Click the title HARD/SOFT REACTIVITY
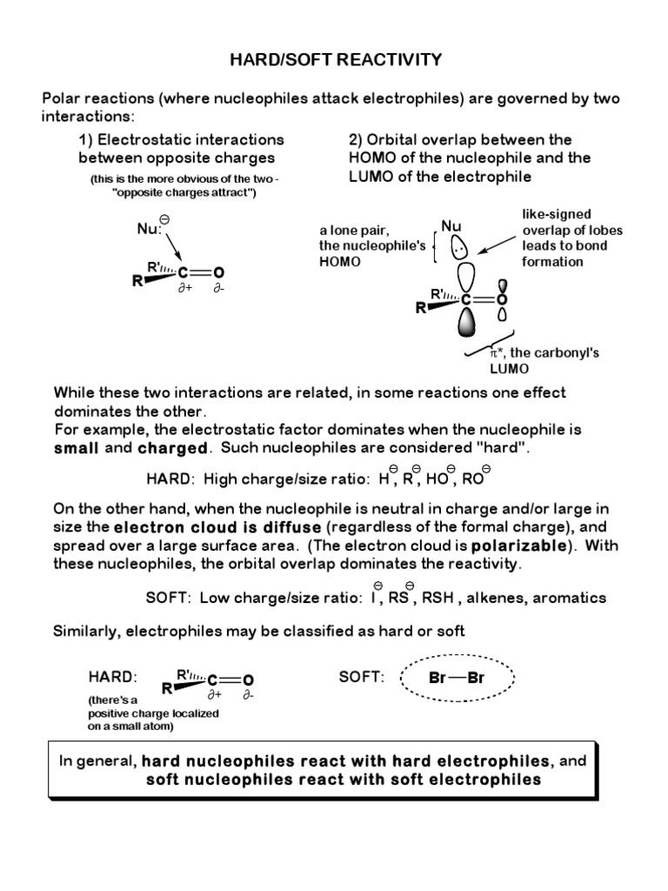click(x=335, y=60)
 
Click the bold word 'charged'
click(x=174, y=448)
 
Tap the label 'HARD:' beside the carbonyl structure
click(x=113, y=677)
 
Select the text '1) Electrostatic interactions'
click(x=181, y=139)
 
